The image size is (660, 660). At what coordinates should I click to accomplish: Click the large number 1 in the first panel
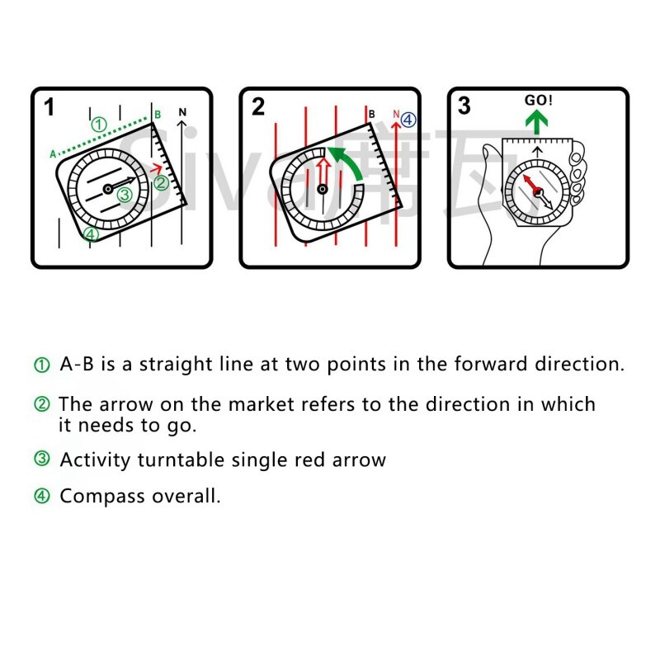point(49,107)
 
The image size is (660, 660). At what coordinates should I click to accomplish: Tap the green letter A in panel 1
point(53,153)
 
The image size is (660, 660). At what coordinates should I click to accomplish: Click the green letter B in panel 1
point(157,114)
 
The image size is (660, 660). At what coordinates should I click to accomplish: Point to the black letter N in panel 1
point(183,112)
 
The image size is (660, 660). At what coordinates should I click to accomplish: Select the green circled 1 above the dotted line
point(99,125)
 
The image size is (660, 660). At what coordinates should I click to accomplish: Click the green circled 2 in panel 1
point(162,182)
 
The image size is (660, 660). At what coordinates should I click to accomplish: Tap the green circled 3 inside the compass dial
point(124,196)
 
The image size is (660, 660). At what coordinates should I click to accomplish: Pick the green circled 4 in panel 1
point(91,234)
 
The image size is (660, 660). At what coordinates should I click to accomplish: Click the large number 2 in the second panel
point(258,107)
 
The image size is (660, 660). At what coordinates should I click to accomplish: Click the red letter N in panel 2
point(396,115)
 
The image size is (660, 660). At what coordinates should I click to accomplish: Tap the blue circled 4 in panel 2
point(409,120)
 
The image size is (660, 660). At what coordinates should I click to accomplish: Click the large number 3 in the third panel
point(464,106)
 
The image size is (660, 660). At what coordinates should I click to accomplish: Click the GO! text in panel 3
point(539,101)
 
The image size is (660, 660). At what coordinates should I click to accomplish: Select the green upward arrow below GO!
point(539,123)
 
